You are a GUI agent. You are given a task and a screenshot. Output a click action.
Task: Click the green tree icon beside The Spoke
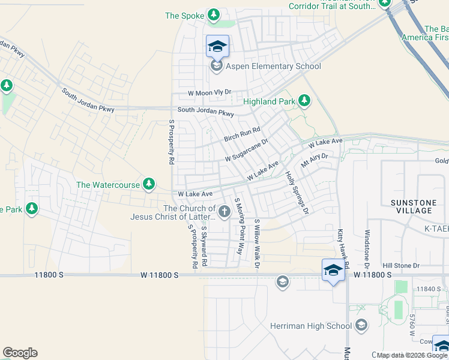[213, 14]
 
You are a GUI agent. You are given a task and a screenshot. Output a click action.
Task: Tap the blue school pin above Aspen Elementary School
[217, 46]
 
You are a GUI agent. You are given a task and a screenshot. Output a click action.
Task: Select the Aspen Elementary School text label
[273, 67]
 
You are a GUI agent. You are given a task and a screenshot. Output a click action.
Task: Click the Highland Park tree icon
[304, 101]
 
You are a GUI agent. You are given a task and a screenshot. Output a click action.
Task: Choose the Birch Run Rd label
[242, 134]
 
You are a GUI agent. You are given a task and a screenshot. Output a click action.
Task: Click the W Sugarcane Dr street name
[246, 150]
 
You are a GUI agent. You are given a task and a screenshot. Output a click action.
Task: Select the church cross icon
[224, 211]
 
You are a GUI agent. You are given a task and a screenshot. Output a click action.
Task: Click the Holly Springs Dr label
[297, 193]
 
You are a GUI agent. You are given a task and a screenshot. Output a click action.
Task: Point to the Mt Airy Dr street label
[315, 160]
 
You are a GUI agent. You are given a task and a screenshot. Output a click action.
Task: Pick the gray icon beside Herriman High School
[361, 326]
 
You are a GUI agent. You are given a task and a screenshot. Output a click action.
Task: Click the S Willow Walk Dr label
[257, 242]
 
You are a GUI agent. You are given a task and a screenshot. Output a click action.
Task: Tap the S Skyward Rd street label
[204, 246]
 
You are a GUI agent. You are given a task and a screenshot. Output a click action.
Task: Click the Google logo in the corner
[20, 353]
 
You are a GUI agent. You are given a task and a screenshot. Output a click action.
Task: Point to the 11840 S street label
[427, 289]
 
